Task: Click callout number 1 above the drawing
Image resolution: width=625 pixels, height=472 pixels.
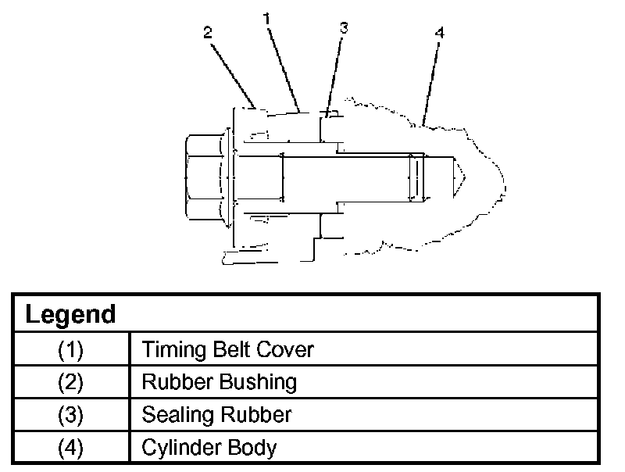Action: [266, 18]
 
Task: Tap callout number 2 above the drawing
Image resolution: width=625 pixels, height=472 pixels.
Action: [207, 33]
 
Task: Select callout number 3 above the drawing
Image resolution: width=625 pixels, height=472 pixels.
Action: [344, 28]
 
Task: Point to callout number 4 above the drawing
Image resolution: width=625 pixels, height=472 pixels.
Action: [439, 33]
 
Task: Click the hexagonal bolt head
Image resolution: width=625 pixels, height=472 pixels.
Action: [203, 177]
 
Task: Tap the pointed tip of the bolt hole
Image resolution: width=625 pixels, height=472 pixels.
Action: [465, 177]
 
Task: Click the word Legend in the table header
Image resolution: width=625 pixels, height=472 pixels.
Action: [70, 314]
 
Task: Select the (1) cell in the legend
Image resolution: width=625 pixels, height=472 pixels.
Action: [71, 349]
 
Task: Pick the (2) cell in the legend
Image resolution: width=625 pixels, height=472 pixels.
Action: [71, 382]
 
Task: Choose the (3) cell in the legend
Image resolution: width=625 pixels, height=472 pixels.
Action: [71, 415]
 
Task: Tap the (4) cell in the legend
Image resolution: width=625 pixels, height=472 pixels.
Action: [71, 447]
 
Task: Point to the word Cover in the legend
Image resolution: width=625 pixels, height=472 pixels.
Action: [285, 349]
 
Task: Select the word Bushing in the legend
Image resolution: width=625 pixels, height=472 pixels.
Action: [259, 382]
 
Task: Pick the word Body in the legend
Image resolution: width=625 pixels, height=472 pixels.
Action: [252, 448]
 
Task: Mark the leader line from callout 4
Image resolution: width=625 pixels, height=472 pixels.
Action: [431, 84]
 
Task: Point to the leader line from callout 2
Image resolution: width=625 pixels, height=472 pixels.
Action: [232, 76]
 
